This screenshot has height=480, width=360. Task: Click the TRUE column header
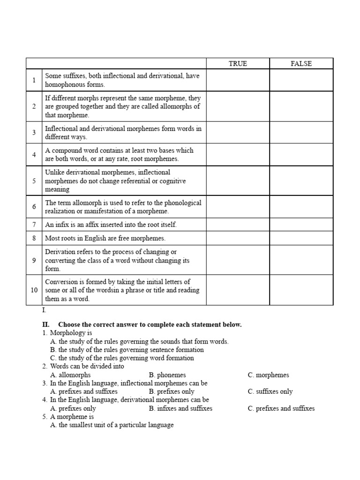238,64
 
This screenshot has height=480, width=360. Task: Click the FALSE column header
301,64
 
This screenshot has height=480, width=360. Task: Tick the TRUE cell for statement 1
238,80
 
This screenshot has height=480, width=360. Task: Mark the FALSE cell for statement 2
301,106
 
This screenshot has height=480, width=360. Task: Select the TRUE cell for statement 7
238,225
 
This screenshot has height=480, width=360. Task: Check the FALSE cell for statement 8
301,238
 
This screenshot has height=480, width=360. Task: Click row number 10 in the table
34,290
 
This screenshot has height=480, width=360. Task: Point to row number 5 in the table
34,181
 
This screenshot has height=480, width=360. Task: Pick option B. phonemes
167,375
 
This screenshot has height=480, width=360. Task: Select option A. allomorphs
70,375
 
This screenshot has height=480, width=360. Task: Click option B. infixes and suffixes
180,408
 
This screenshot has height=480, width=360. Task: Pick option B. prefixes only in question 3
172,391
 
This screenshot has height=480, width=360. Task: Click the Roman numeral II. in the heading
46,324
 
